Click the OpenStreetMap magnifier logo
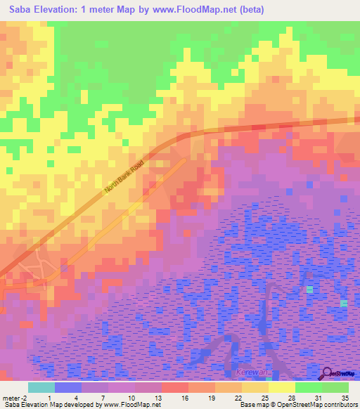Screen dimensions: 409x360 pos(328,374)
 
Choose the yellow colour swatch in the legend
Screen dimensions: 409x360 pos(281,387)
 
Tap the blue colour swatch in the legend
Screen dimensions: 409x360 pos(67,387)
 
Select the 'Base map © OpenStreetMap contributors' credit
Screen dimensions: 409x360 pos(296,405)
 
